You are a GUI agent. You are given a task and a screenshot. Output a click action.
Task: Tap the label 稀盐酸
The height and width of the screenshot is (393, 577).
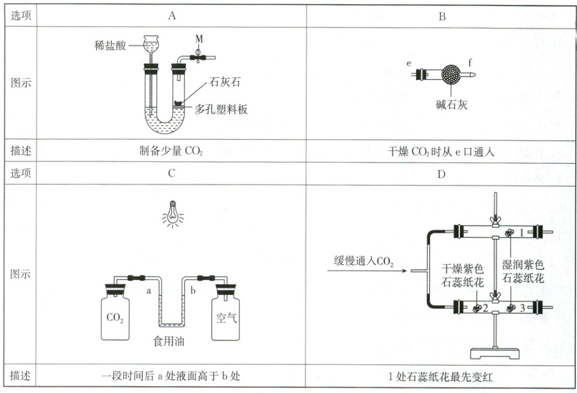click(110, 45)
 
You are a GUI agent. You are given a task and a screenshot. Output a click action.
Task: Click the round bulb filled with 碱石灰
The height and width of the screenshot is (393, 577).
click(452, 75)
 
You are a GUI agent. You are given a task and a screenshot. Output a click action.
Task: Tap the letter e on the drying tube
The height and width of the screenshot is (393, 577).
click(409, 62)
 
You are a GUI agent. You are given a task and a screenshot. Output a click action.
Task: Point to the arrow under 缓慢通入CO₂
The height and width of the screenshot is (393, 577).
click(366, 272)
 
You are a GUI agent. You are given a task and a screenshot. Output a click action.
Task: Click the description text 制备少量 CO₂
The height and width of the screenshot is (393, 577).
click(171, 150)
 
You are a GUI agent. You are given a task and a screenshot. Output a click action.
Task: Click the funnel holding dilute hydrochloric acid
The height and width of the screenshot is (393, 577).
click(152, 45)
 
